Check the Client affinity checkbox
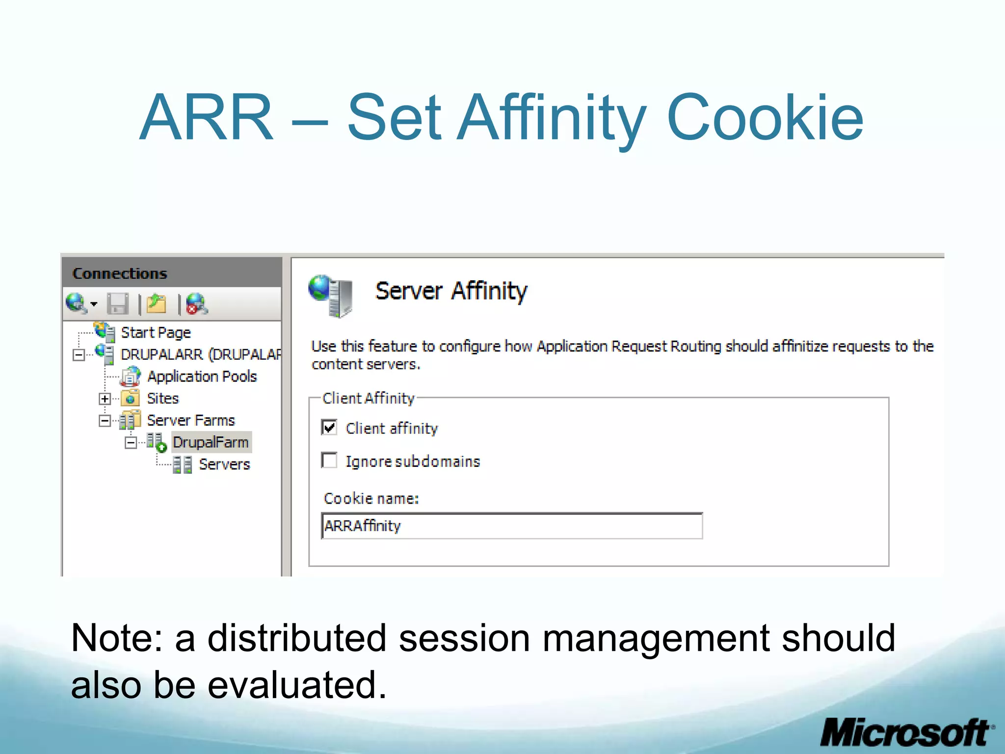pos(329,428)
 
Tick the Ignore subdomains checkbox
pos(329,460)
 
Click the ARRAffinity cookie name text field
pos(512,526)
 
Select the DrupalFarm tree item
pos(211,442)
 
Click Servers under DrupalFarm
pos(224,464)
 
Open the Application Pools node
pos(202,377)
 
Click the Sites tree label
pos(163,398)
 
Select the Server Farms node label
pos(191,420)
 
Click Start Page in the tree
pos(156,332)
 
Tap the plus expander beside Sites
pos(105,399)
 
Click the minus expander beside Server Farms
pos(105,421)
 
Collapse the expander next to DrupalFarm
pos(131,443)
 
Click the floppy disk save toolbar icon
pos(118,304)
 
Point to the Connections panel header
pos(120,273)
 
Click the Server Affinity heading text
pos(451,291)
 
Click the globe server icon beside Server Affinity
pos(331,296)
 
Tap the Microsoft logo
pos(906,733)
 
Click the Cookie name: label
pos(371,498)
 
